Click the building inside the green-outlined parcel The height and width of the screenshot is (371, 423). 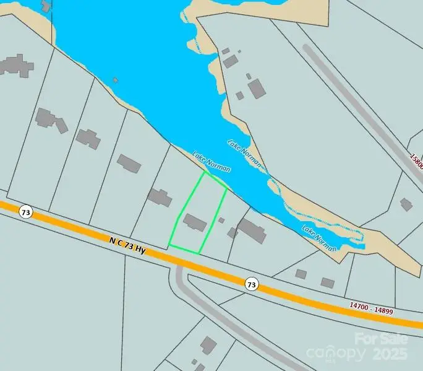(x=195, y=222)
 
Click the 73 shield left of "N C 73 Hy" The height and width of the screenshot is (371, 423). (x=25, y=212)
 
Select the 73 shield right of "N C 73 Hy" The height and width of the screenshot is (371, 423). (x=250, y=284)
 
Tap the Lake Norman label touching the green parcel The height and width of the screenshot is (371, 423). (x=211, y=162)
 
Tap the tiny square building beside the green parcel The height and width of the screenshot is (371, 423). (x=221, y=220)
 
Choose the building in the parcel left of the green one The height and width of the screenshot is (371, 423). (x=160, y=198)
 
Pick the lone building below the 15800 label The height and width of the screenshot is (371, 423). (x=406, y=204)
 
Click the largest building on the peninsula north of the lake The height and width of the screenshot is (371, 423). (x=257, y=89)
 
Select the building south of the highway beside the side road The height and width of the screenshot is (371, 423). (x=208, y=345)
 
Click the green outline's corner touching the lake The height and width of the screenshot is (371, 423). (x=205, y=172)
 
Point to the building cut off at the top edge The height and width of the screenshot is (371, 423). (x=46, y=6)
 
